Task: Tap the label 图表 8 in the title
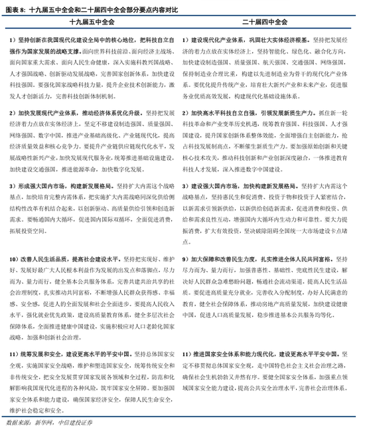[x=15, y=8]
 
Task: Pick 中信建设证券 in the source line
[x=73, y=423]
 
